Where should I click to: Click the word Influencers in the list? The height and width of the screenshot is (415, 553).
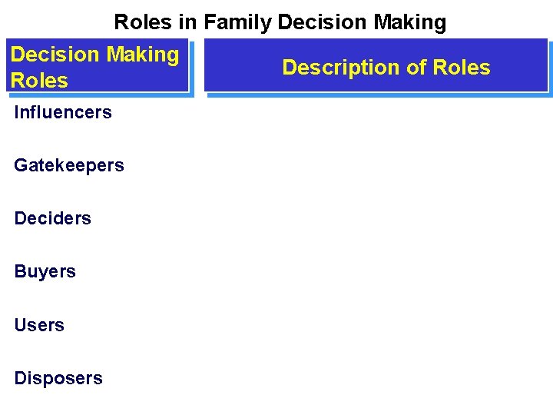tap(63, 112)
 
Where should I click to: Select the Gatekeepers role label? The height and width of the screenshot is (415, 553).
tap(69, 165)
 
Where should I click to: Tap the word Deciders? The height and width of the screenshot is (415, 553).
tap(52, 218)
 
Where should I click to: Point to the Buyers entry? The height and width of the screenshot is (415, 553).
tap(45, 271)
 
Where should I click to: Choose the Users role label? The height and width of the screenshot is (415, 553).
tap(39, 325)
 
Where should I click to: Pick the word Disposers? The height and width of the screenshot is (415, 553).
tap(58, 378)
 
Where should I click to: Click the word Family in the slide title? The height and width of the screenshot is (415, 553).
tap(238, 23)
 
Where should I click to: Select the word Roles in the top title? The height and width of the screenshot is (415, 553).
tap(144, 23)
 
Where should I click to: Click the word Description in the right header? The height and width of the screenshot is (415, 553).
tap(341, 68)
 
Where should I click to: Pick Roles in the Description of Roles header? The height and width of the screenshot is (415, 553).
tap(462, 68)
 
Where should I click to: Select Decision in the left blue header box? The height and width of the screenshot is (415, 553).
tap(55, 55)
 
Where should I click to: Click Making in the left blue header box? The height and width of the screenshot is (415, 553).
tap(143, 55)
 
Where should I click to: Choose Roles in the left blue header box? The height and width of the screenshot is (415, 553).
tap(39, 80)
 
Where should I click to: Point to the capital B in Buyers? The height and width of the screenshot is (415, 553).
tap(20, 271)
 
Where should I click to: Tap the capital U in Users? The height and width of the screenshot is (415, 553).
tap(20, 325)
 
